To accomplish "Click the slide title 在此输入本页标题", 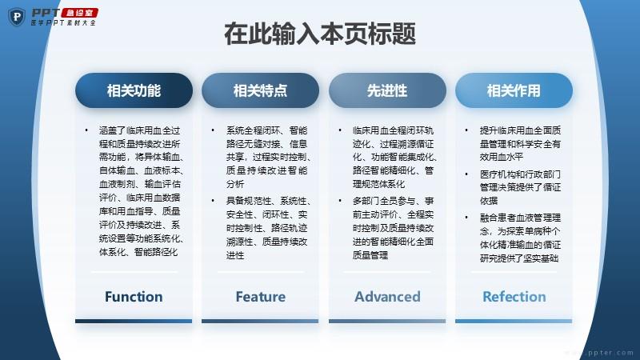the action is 320,34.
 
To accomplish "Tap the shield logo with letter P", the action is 17,17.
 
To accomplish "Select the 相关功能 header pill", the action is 134,90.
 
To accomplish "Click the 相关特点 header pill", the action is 261,90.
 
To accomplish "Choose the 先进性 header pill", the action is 387,90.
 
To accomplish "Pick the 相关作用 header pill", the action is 514,90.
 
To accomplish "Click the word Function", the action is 134,297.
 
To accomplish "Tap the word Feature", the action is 261,297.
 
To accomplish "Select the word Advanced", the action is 387,297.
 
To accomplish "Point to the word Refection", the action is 514,297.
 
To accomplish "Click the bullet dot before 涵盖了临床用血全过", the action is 86,130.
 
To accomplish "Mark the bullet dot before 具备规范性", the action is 213,201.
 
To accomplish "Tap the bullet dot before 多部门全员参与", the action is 339,201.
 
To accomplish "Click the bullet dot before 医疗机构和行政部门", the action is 466,174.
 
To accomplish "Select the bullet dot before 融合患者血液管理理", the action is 466,218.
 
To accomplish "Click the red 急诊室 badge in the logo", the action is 80,13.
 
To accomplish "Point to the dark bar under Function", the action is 134,322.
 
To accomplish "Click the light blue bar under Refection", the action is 514,322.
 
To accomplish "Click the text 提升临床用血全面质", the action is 521,130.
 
